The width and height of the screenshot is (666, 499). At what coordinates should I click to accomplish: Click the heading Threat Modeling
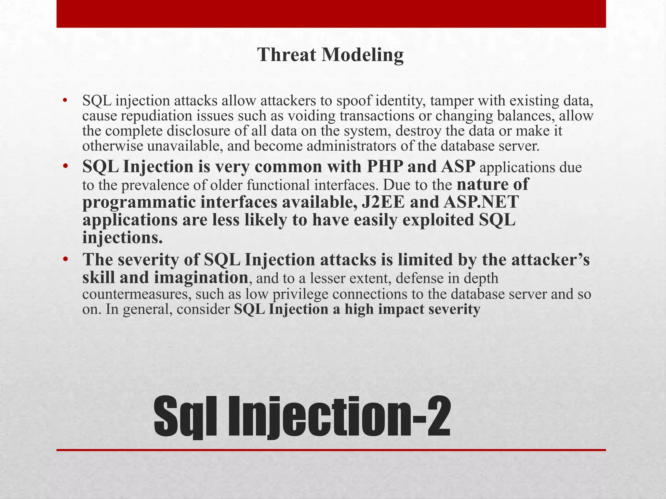point(330,55)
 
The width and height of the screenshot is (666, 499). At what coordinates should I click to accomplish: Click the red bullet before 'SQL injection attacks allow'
point(65,101)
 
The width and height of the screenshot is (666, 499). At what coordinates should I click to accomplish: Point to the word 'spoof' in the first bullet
point(354,101)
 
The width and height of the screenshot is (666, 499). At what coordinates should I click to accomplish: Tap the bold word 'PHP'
point(384,167)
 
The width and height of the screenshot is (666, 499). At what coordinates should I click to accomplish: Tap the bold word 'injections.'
point(122,238)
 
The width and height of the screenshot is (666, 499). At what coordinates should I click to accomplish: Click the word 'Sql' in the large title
point(185,417)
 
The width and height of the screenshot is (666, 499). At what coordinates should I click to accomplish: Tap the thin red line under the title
point(331,450)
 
